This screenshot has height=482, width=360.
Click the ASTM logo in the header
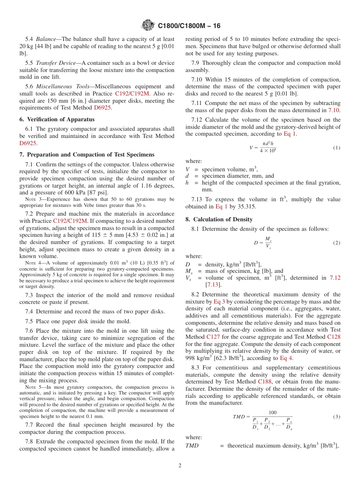pyautogui.click(x=148, y=25)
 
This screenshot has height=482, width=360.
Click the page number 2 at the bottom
pyautogui.click(x=180, y=466)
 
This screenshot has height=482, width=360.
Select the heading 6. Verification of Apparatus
pyautogui.click(x=57, y=119)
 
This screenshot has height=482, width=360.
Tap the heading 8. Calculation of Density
pyautogui.click(x=219, y=219)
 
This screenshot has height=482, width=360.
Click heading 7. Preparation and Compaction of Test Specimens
pyautogui.click(x=87, y=154)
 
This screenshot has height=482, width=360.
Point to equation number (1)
pyautogui.click(x=337, y=148)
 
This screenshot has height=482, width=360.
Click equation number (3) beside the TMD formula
pyautogui.click(x=337, y=417)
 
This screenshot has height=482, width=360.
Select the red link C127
pyautogui.click(x=213, y=336)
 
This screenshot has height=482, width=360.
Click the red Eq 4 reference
pyautogui.click(x=286, y=358)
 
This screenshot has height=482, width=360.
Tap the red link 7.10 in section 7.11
pyautogui.click(x=333, y=110)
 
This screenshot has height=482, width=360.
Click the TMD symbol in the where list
pyautogui.click(x=192, y=446)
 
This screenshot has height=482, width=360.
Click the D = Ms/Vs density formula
pyautogui.click(x=263, y=243)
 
